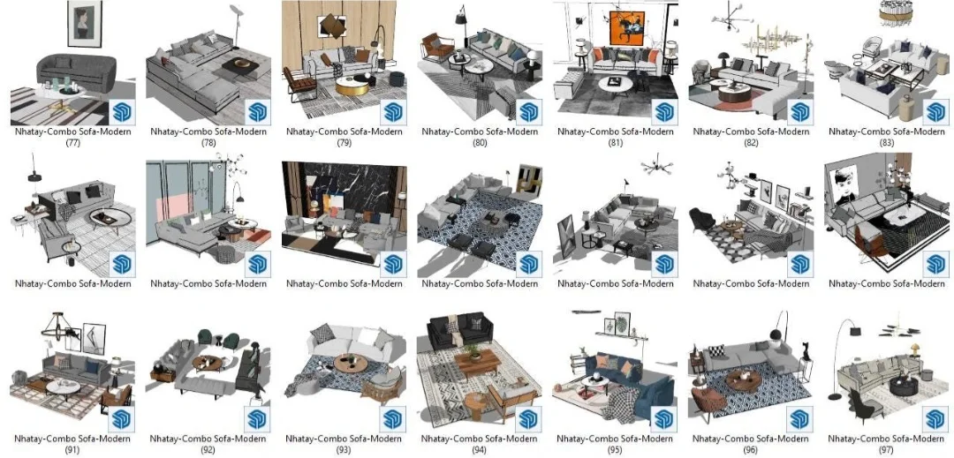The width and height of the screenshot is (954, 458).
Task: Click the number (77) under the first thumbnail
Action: [74, 143]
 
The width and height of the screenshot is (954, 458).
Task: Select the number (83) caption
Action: [886, 143]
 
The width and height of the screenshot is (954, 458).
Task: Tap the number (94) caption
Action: [479, 449]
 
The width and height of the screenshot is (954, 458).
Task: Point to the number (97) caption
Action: [886, 449]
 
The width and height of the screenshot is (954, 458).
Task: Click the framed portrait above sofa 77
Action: [85, 23]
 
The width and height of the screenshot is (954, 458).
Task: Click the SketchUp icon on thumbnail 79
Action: [393, 112]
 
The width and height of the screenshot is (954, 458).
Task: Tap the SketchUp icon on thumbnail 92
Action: [257, 418]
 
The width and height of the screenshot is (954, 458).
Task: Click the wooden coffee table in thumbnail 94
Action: [478, 364]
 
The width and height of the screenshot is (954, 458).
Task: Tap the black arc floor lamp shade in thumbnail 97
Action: [855, 330]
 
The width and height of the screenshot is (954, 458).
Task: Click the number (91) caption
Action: [74, 449]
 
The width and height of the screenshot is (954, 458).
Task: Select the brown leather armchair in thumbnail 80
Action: [437, 48]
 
